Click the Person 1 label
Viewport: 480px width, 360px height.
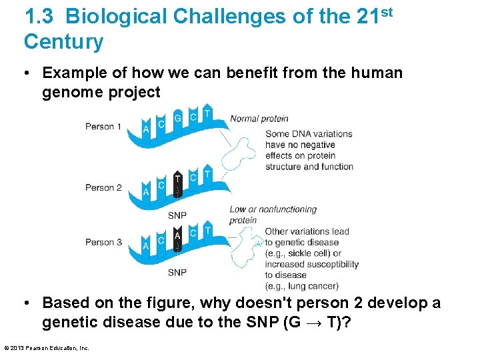(103, 127)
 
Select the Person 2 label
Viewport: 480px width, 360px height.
(103, 187)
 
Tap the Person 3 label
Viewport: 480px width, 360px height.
(103, 242)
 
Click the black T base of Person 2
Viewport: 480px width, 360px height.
(177, 179)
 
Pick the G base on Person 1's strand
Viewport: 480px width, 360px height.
(177, 119)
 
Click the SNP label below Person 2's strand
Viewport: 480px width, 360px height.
(177, 215)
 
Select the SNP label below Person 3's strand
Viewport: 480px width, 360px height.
(177, 272)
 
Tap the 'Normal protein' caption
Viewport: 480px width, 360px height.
(259, 119)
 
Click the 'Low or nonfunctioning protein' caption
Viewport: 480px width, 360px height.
(273, 215)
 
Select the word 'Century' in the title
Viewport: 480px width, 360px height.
(64, 42)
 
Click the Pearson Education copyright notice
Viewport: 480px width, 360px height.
(47, 347)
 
